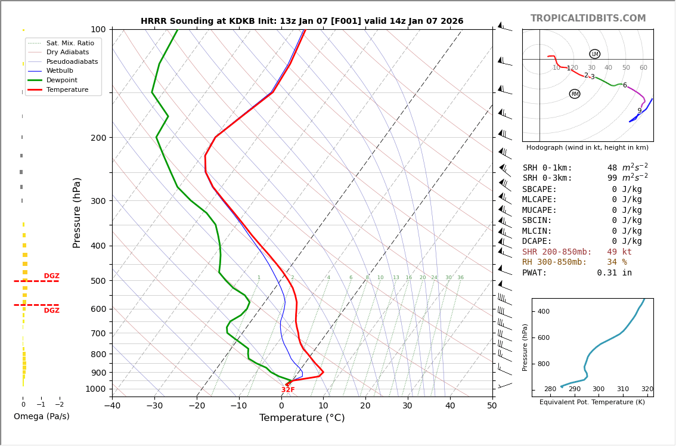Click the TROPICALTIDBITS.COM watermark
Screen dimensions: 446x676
coord(588,18)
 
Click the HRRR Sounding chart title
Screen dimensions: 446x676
coord(302,21)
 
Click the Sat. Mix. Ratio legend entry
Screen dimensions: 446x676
coord(70,43)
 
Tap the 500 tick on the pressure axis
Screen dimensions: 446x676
coord(98,281)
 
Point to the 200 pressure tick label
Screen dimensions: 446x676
coord(98,138)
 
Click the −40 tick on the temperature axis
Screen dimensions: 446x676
coord(112,406)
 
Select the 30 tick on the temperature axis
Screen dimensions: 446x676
coord(407,406)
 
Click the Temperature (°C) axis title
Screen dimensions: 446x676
coord(302,418)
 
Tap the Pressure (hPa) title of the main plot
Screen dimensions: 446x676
coord(77,212)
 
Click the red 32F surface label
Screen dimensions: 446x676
coord(288,390)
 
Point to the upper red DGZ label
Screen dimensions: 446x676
coord(52,276)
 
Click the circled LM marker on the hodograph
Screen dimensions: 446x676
coord(594,54)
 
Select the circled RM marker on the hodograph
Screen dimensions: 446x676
coord(575,94)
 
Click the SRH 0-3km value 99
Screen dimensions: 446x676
coord(612,178)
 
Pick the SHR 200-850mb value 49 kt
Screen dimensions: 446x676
coord(619,252)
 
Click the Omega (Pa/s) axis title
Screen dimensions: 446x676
coord(42,417)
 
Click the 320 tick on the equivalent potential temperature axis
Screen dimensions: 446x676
coord(647,389)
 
